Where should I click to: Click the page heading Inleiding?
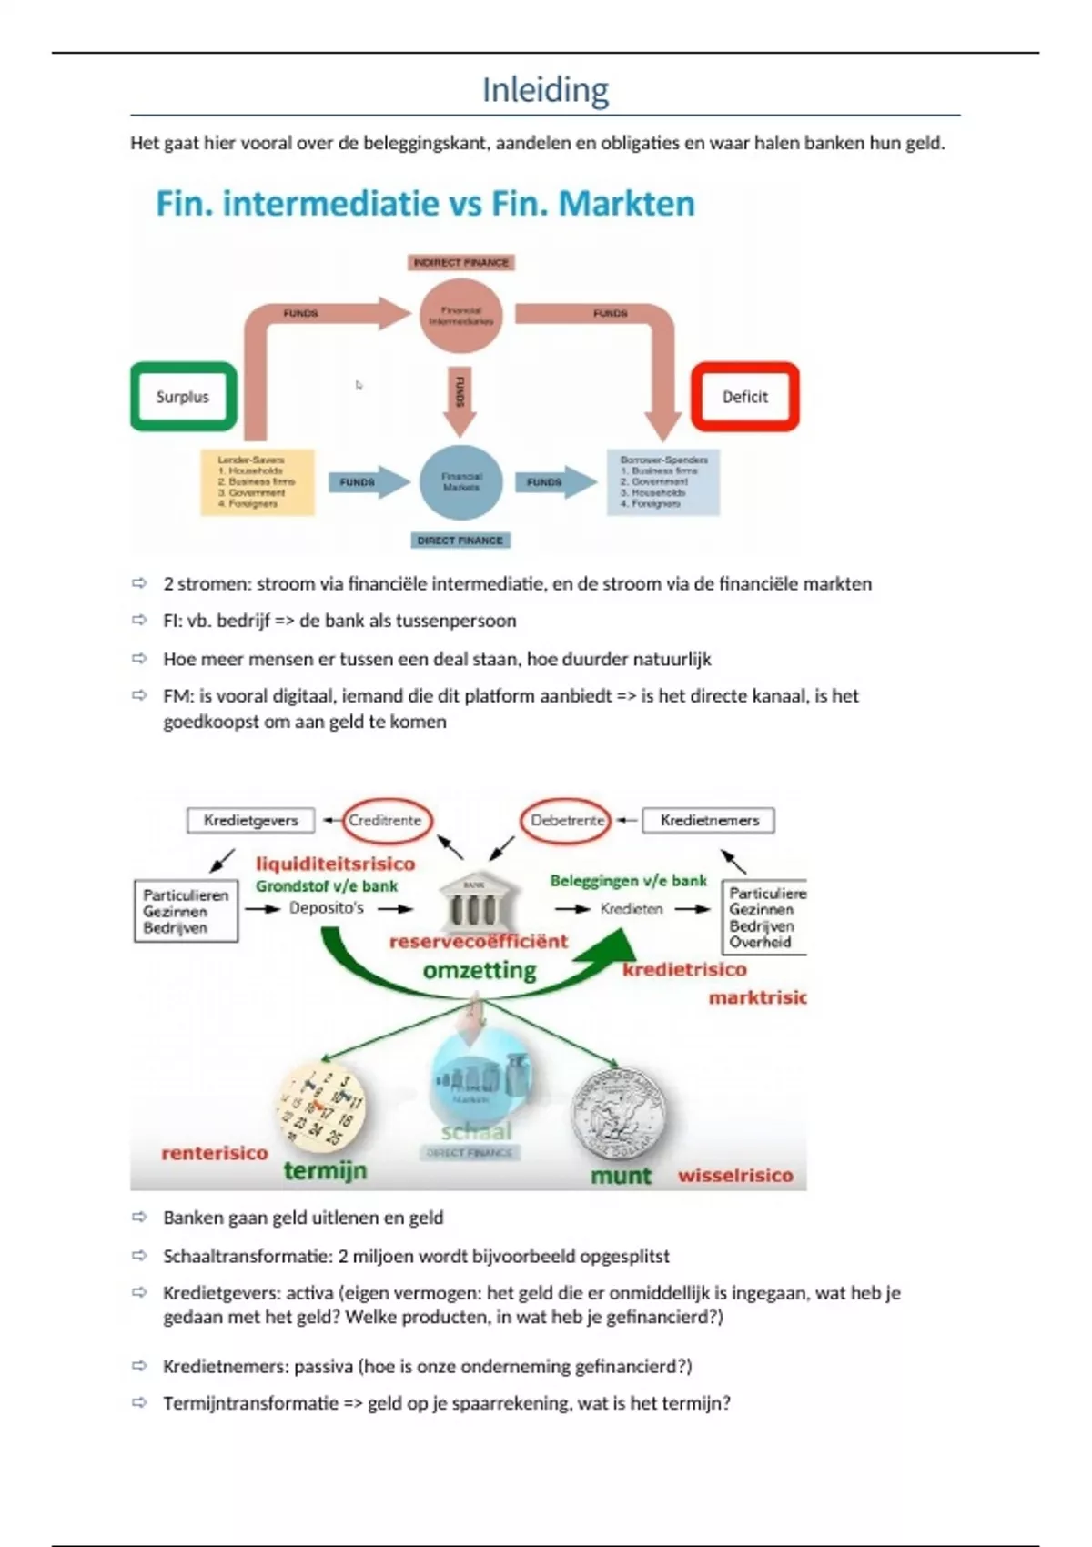(x=545, y=90)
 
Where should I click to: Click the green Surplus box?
(x=183, y=397)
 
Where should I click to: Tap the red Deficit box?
(x=745, y=397)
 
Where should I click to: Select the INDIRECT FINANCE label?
(x=461, y=263)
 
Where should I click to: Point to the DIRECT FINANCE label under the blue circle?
(x=460, y=541)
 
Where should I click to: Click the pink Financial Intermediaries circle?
(x=461, y=316)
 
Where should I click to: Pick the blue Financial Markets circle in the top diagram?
(x=461, y=482)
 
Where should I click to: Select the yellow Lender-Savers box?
(x=258, y=482)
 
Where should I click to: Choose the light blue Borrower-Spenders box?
(x=663, y=482)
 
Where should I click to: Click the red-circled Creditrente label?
(x=385, y=820)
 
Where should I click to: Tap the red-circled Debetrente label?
(x=567, y=820)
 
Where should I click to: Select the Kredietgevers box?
(x=251, y=820)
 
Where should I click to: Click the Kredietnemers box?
(x=709, y=820)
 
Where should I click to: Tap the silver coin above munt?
(x=618, y=1112)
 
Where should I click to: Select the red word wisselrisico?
(x=735, y=1175)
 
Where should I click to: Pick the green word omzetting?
(x=480, y=970)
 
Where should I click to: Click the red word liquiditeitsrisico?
(x=335, y=864)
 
